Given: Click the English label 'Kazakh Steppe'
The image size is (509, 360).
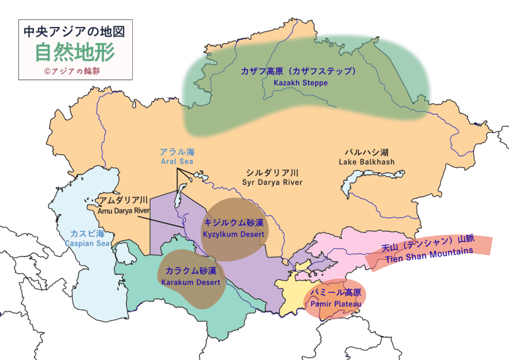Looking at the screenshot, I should tap(300, 83).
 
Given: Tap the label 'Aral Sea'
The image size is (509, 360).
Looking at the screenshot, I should tap(176, 162).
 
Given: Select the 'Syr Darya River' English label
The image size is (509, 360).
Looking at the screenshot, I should tap(272, 182).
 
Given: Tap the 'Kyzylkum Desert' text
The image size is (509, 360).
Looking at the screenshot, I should tap(233, 234).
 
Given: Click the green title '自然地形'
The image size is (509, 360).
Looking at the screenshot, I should tap(75, 52).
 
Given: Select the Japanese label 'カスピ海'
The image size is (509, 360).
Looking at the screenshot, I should tap(87, 234).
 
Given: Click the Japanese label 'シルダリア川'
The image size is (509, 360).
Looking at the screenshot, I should tap(272, 173).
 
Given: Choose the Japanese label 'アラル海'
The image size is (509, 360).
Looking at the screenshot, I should tap(176, 152).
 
